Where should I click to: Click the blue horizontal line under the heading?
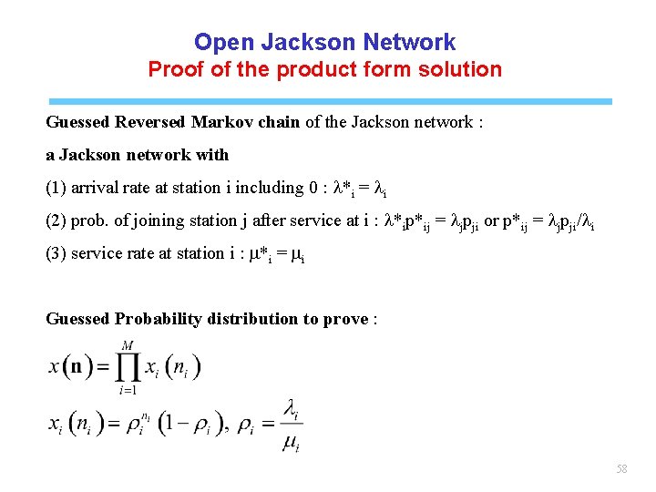[x=328, y=101]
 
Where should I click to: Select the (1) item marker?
[x=56, y=188]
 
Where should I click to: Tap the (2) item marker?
[x=56, y=220]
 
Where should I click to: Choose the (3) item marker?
[x=56, y=253]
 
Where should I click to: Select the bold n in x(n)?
[x=77, y=367]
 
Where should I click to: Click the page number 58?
[x=622, y=468]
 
